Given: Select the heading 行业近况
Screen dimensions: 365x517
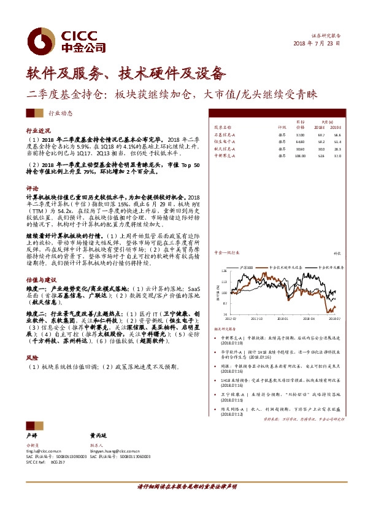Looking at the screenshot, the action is pos(36,131).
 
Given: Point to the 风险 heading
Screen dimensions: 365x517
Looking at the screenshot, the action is pos(31,356).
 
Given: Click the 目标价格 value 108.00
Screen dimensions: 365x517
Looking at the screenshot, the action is pos(300,157).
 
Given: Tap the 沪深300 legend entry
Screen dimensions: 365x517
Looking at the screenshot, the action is pos(247,268).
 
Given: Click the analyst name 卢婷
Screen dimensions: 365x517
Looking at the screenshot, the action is pos(31,433).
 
